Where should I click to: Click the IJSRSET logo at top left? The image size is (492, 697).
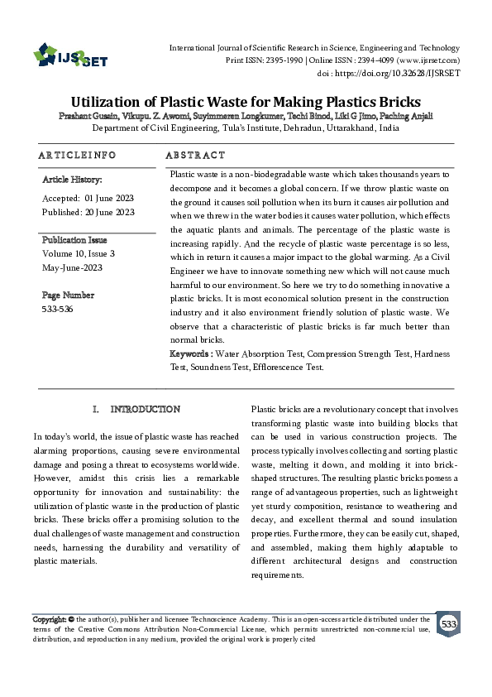pos(70,57)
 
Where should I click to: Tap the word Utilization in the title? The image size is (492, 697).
pos(114,99)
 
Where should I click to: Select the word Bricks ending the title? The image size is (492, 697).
pos(396,99)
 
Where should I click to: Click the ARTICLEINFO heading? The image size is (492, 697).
pos(77,155)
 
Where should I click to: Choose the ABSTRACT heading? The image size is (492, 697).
pos(195,155)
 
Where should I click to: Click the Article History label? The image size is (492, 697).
pos(72,179)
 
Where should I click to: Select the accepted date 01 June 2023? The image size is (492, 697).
pos(109,199)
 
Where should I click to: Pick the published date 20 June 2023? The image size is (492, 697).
pos(110,213)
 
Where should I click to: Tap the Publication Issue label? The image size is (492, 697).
pos(75,240)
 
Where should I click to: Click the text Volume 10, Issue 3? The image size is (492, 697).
pos(78,254)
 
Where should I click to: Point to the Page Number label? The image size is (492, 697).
pos(68,296)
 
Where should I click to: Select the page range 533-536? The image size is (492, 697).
pos(56,309)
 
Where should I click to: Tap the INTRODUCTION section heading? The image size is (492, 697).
pos(145,410)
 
